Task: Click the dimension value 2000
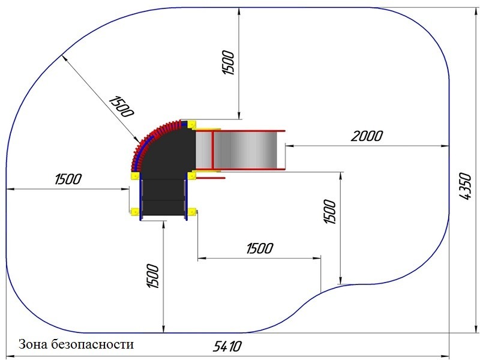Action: (367, 136)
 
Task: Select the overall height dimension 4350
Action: (466, 187)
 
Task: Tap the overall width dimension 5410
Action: (227, 346)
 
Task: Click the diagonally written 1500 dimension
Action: (121, 106)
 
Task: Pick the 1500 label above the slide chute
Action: (229, 63)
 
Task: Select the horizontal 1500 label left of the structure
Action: (68, 179)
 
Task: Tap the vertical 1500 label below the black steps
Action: (153, 276)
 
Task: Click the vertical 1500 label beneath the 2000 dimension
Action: (330, 212)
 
